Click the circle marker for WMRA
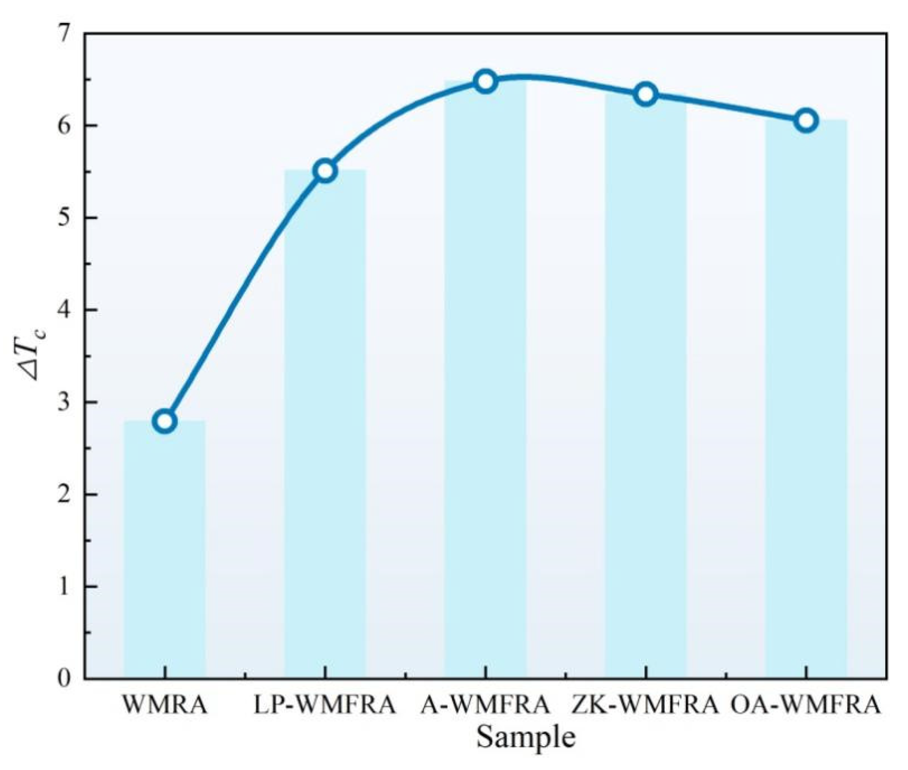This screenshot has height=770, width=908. point(165,421)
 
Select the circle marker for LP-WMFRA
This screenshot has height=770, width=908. point(325,171)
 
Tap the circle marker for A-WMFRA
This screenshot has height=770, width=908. point(486,82)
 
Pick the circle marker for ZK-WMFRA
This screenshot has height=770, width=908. point(646,94)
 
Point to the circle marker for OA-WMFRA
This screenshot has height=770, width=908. point(806,121)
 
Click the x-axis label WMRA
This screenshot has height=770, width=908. point(165,706)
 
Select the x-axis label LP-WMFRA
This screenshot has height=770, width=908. point(325,706)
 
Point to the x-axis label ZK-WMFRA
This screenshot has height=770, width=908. point(646,706)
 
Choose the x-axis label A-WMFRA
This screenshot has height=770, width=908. point(486,706)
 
